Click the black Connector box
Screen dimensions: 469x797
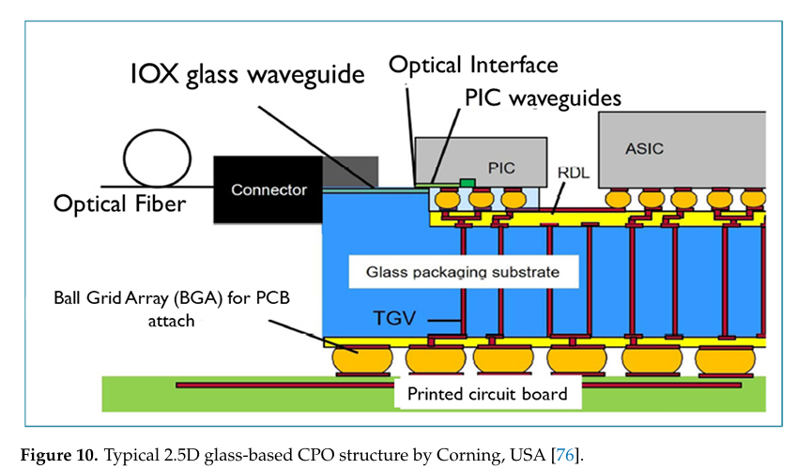pos(268,189)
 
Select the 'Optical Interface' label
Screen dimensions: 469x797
pos(473,65)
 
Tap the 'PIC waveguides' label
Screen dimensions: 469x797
pos(543,97)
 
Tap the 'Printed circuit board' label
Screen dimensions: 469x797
pos(487,393)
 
